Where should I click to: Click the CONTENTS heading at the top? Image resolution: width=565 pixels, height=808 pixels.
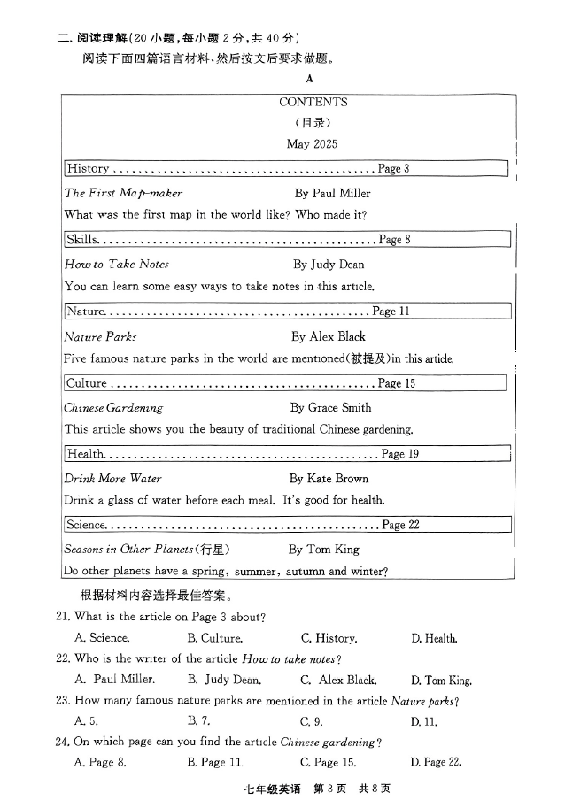[313, 102]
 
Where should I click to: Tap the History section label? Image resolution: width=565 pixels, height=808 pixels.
[88, 168]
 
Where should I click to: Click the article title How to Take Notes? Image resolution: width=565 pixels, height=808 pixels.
[116, 264]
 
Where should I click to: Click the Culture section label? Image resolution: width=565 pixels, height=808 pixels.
[87, 383]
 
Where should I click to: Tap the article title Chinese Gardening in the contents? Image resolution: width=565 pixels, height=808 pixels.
[113, 408]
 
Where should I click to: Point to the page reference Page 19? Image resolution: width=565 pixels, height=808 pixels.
[399, 454]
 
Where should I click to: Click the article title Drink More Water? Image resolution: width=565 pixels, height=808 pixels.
[112, 478]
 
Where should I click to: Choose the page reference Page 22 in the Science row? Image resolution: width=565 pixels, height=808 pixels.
[400, 525]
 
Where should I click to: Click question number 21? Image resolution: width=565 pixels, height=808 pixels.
[63, 616]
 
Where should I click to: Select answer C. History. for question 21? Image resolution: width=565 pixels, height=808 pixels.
[329, 638]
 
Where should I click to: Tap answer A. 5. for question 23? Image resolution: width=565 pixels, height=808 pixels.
[86, 721]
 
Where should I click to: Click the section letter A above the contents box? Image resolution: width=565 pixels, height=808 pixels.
[310, 79]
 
